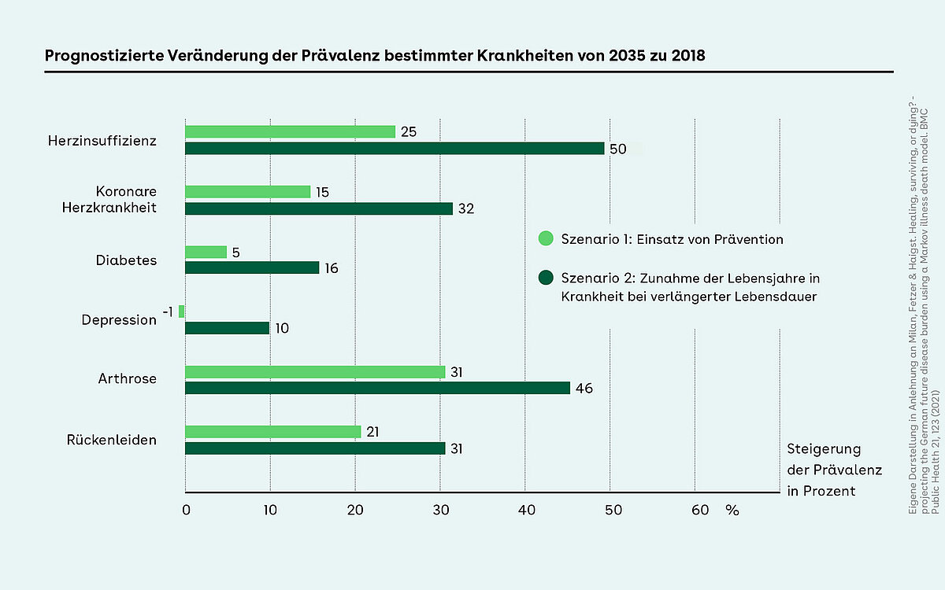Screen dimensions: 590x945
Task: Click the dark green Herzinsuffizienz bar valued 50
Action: [394, 149]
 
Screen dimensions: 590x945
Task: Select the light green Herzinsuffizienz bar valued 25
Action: [290, 132]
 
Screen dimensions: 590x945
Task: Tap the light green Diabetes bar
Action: [206, 252]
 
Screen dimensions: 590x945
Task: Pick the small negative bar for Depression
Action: [181, 312]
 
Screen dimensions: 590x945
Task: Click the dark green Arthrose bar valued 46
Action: [377, 388]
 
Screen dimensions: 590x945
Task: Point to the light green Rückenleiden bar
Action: [272, 432]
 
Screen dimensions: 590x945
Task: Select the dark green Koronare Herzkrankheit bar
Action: [318, 208]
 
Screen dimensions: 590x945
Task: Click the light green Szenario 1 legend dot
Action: [545, 238]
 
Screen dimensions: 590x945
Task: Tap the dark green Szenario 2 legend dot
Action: [545, 278]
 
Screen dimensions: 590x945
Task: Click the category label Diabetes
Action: [126, 260]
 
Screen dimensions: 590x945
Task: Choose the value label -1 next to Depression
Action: [167, 312]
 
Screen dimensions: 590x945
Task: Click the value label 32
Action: [467, 209]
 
